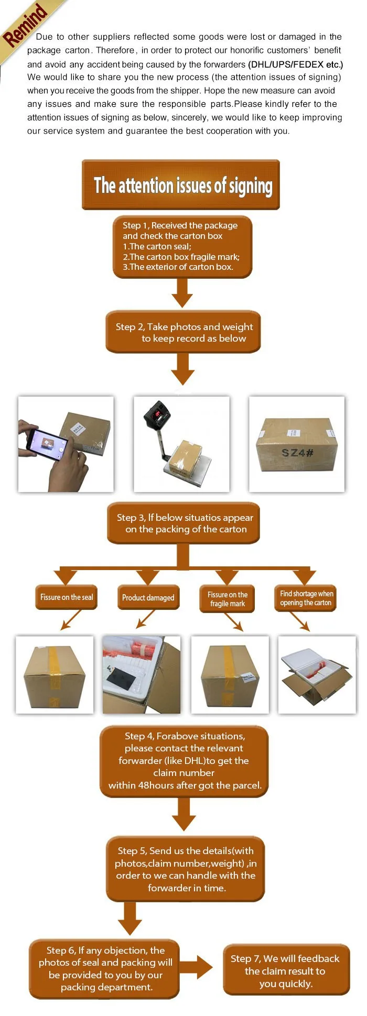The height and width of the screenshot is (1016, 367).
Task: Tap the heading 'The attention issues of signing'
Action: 183,185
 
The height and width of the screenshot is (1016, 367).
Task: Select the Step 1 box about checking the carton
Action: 182,247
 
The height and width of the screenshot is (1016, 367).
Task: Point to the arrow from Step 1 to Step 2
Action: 182,293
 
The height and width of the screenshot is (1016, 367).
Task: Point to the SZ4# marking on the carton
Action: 297,452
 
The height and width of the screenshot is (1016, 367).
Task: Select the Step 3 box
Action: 183,523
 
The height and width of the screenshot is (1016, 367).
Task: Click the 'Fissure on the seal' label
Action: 67,597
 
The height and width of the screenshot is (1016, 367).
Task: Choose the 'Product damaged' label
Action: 148,597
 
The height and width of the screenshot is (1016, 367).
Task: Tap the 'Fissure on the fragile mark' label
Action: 227,599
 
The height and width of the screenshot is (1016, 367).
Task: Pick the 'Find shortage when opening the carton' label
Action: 306,598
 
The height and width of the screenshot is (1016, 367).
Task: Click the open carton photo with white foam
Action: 317,674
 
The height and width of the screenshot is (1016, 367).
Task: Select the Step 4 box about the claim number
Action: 184,761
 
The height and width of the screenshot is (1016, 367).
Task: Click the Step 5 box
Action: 186,869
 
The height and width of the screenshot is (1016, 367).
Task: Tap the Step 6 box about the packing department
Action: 105,969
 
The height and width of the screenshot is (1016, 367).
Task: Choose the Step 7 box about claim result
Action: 286,970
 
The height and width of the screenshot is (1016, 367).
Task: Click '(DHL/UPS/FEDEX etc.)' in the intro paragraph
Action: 296,64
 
